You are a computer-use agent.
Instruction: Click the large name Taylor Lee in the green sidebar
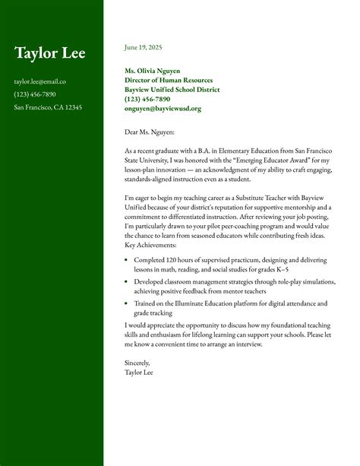coord(49,53)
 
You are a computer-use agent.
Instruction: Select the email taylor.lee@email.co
coord(40,81)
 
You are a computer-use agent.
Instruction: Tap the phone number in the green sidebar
coord(35,94)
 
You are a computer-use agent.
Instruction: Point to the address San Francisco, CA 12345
coord(48,107)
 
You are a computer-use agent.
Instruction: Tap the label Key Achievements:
coord(150,246)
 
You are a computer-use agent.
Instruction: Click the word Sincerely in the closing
coord(137,363)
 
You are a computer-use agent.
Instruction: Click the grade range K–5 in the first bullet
coord(301,269)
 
